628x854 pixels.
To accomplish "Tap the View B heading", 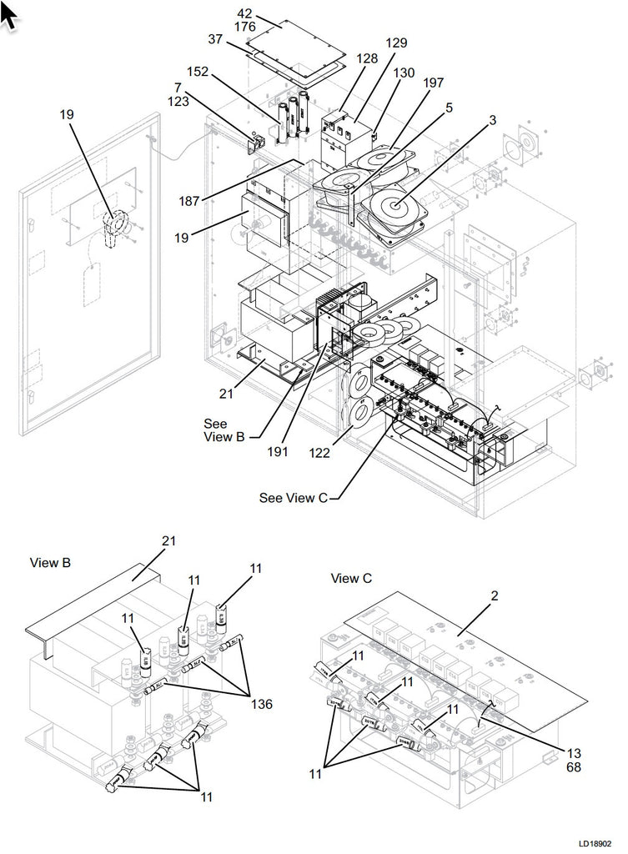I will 50,563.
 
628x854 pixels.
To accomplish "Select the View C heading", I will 351,578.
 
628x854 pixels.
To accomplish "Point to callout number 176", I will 245,28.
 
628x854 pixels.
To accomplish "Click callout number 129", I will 396,43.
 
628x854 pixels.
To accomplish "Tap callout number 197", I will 434,83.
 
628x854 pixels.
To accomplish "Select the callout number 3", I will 494,120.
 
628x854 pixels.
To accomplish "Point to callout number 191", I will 279,451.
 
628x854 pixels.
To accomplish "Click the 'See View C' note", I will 294,498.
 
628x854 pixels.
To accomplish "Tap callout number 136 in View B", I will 260,703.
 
